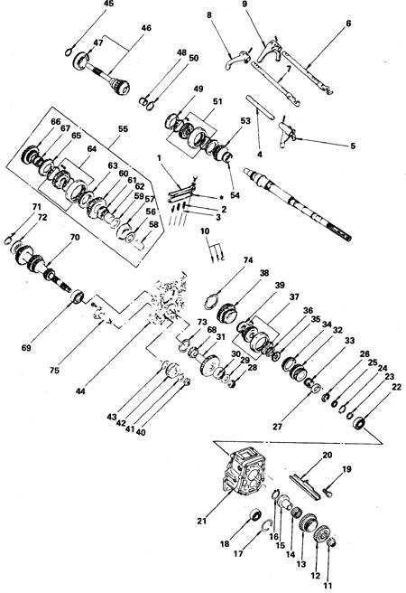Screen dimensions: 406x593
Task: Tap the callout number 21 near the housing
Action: pos(202,521)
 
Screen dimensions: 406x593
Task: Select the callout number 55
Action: pos(123,128)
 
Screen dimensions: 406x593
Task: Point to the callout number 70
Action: pos(75,237)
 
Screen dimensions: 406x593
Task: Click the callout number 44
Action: pos(80,391)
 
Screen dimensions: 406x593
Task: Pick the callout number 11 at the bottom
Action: pos(328,586)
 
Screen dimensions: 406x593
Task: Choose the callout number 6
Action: pos(348,24)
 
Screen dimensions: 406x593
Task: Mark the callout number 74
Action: pos(248,260)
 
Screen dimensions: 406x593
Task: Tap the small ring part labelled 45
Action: pos(69,52)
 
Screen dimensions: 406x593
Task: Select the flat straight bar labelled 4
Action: pos(261,106)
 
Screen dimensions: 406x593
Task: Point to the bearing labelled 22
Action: pos(360,422)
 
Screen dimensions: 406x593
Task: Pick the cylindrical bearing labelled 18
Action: pos(256,515)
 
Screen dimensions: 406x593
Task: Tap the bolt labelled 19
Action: pos(326,491)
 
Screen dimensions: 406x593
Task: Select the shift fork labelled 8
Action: pos(237,61)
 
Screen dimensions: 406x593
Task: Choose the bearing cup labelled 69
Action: pos(78,296)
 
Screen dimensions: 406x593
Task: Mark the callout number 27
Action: pos(277,427)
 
